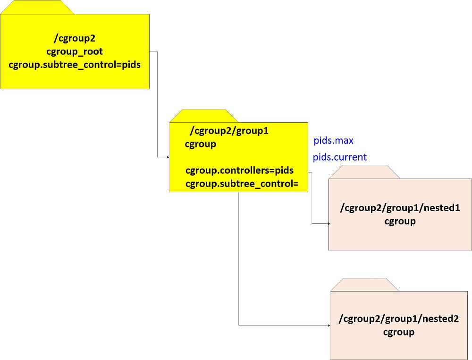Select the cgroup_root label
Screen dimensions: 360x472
tap(75, 51)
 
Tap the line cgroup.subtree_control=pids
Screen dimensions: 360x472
tap(75, 65)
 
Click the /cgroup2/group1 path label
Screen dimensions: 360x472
tap(229, 131)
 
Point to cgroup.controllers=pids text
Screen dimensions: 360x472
tap(239, 170)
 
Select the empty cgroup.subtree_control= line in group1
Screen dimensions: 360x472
tap(242, 183)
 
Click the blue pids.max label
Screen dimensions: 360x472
tap(333, 141)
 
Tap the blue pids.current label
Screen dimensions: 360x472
tap(340, 157)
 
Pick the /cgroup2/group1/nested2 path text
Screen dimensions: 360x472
tap(399, 319)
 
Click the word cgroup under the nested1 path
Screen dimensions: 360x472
tap(400, 221)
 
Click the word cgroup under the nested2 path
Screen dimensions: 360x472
tap(399, 332)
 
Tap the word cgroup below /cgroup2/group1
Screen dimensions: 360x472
tap(201, 144)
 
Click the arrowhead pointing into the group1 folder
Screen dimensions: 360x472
tap(167, 157)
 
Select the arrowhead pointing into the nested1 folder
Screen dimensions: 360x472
tap(329, 223)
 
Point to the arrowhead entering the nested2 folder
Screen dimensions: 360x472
tap(329, 325)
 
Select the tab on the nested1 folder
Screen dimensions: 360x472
tap(364, 172)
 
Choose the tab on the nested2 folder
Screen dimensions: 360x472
tap(364, 284)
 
